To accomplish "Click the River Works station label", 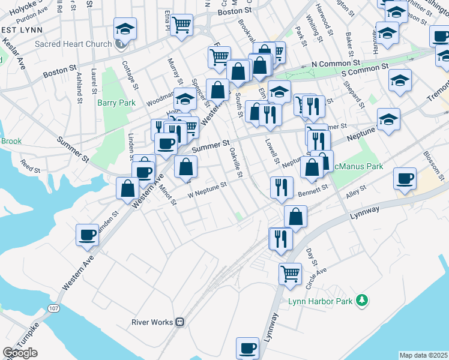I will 152,322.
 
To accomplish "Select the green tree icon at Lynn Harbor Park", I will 361,299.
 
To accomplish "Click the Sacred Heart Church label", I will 74,44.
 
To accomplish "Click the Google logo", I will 20,353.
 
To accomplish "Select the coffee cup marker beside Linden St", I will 88,235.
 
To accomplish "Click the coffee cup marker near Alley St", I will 405,178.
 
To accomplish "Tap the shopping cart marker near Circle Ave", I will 290,273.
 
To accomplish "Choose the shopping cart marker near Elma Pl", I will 181,25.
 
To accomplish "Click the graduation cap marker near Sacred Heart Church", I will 125,28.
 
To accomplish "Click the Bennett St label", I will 313,191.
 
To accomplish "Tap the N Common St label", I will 335,63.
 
